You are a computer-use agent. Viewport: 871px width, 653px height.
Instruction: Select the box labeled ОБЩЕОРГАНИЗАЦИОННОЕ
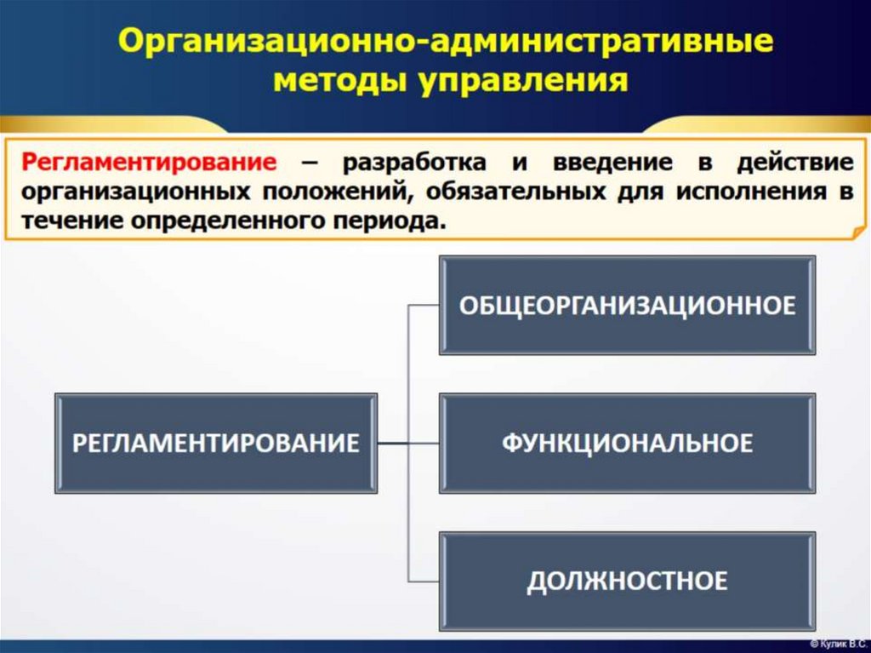pyautogui.click(x=627, y=305)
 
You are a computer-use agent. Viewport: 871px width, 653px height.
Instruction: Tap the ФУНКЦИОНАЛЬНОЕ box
pyautogui.click(x=627, y=443)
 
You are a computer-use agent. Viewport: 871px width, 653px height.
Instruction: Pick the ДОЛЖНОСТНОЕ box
pyautogui.click(x=627, y=581)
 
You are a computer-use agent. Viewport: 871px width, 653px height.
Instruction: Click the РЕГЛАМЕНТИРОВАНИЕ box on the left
pyautogui.click(x=216, y=443)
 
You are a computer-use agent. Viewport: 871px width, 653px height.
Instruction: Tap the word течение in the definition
pyautogui.click(x=69, y=221)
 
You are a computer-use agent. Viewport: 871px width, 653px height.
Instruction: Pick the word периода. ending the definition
pyautogui.click(x=387, y=221)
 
